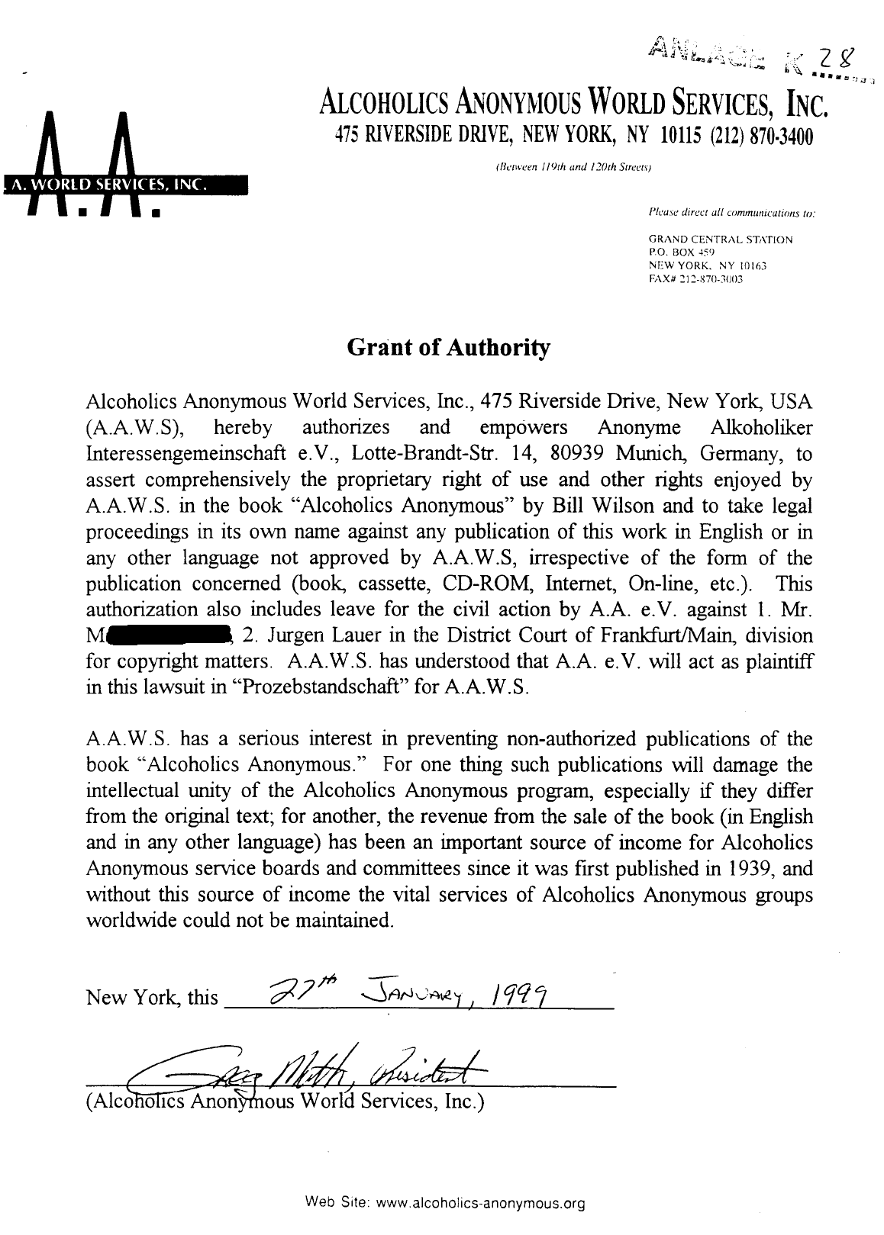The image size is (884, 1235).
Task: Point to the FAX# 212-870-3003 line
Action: pyautogui.click(x=695, y=279)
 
